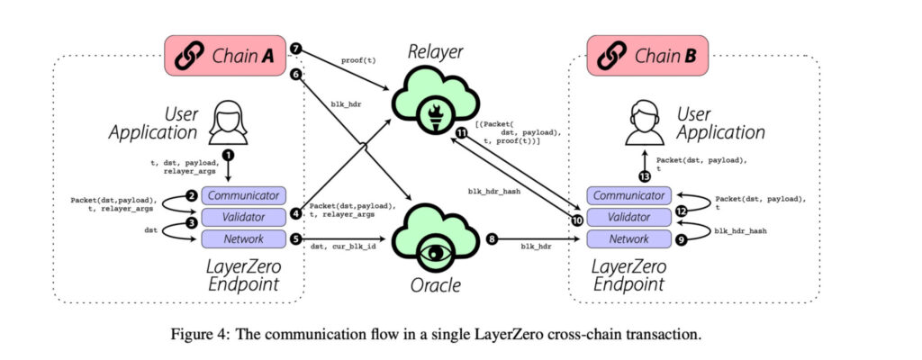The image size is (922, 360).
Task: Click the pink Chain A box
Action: (x=225, y=55)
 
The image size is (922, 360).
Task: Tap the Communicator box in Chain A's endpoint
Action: (x=244, y=195)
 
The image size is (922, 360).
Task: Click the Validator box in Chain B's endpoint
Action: (x=629, y=217)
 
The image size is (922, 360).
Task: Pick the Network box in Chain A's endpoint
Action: (x=244, y=238)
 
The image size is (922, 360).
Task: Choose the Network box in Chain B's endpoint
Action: (x=629, y=238)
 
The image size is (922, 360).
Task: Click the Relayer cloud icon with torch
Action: (x=435, y=100)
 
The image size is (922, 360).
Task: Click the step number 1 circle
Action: (x=228, y=155)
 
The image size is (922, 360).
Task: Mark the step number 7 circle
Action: (x=296, y=49)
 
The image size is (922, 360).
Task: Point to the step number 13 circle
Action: (x=646, y=175)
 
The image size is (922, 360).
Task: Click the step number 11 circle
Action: (x=462, y=133)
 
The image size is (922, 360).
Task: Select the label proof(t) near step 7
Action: (x=357, y=60)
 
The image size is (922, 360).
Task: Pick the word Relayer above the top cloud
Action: (x=436, y=53)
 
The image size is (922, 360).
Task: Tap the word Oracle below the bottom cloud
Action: (x=435, y=286)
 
